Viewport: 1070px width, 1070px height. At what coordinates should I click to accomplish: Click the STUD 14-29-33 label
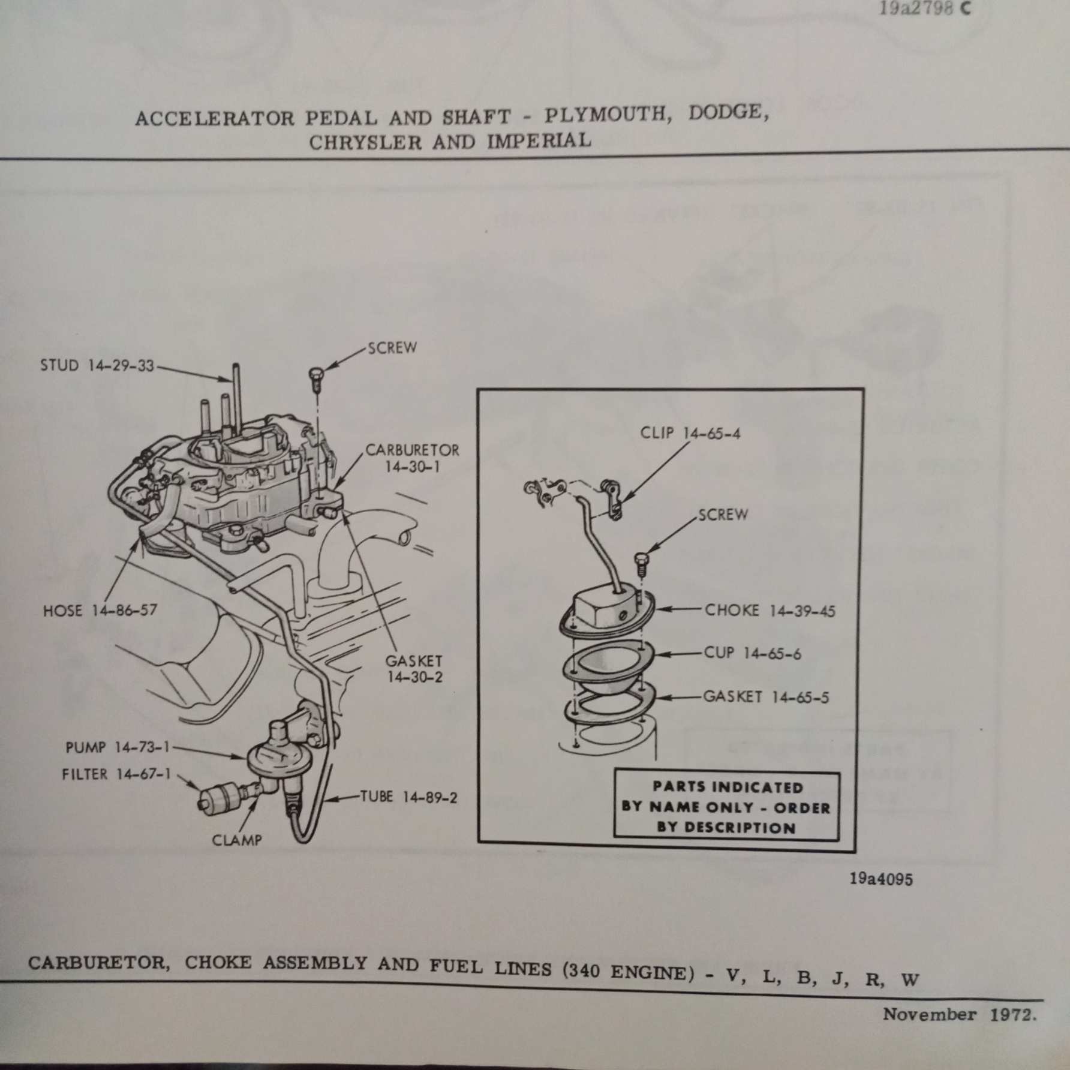[x=97, y=365]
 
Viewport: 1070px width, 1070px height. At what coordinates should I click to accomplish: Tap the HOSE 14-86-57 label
[x=100, y=611]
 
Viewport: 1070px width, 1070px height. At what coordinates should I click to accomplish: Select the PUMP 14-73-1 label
[x=118, y=747]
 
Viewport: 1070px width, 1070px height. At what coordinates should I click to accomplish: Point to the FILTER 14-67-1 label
[x=116, y=774]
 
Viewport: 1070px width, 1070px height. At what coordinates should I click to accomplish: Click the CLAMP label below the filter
[x=237, y=840]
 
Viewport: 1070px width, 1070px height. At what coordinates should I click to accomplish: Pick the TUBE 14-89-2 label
[x=408, y=797]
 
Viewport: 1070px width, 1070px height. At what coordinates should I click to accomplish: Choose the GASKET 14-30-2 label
[x=414, y=669]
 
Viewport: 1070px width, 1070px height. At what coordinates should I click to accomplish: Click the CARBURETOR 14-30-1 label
[x=412, y=458]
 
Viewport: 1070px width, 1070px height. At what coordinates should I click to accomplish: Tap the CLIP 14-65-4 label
[x=690, y=432]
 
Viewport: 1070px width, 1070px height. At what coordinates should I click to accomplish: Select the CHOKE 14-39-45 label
[x=770, y=611]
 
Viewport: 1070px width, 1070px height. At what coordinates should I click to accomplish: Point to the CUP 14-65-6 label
[x=752, y=653]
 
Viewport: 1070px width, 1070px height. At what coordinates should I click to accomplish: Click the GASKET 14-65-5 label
[x=766, y=697]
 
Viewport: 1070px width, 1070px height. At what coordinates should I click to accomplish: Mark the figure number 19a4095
[x=881, y=879]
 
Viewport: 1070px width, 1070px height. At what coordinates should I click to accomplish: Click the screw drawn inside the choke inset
[x=641, y=561]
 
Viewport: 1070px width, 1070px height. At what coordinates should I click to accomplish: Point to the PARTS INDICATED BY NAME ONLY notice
[x=726, y=807]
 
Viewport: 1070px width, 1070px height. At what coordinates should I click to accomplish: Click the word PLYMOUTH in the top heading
[x=607, y=115]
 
